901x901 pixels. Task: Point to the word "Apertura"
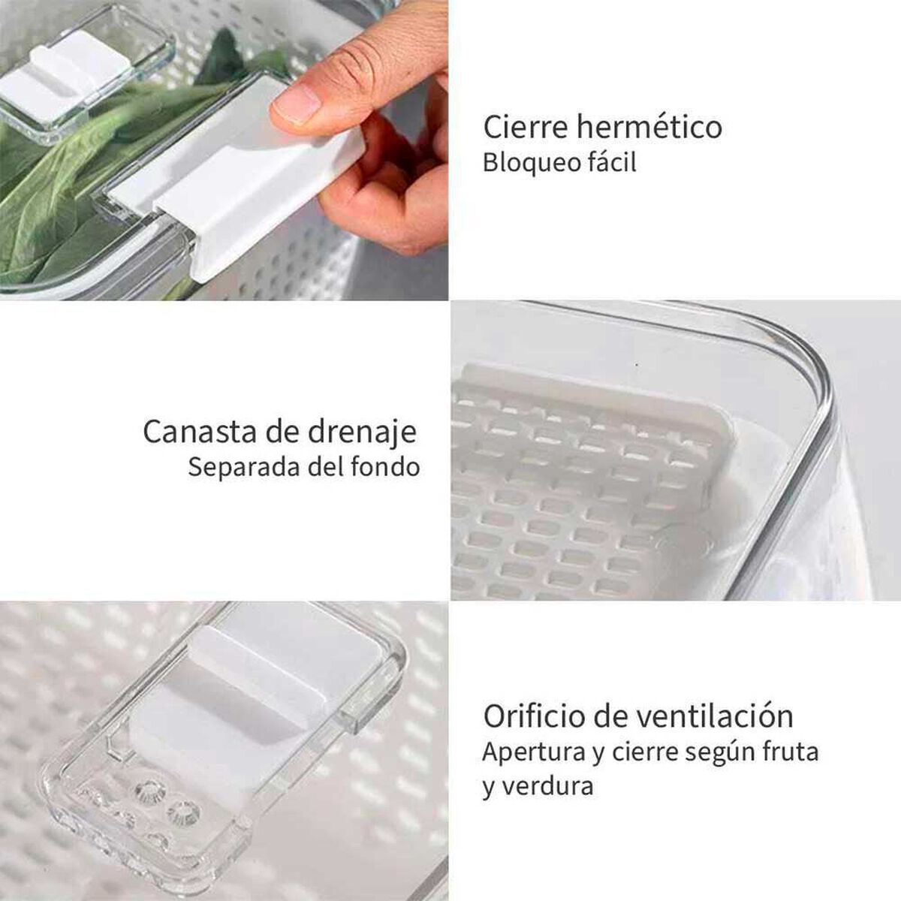point(534,752)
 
